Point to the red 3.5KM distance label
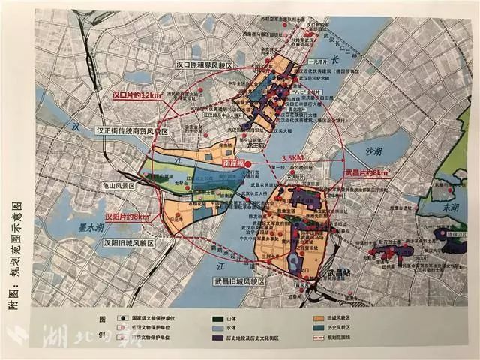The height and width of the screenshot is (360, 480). [294, 157]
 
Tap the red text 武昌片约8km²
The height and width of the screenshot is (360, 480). [367, 173]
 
